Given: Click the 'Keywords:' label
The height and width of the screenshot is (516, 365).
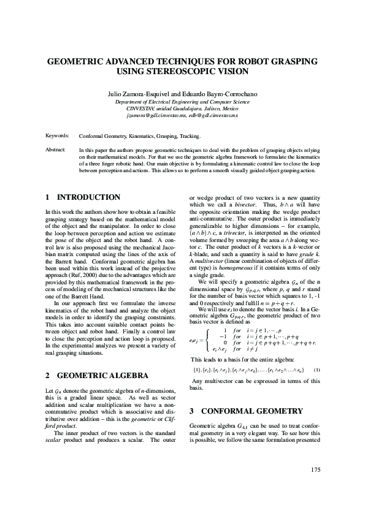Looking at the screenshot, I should [x=57, y=135].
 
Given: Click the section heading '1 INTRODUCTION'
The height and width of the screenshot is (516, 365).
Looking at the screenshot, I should [x=83, y=197].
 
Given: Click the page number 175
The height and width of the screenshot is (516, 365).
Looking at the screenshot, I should [x=315, y=469].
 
